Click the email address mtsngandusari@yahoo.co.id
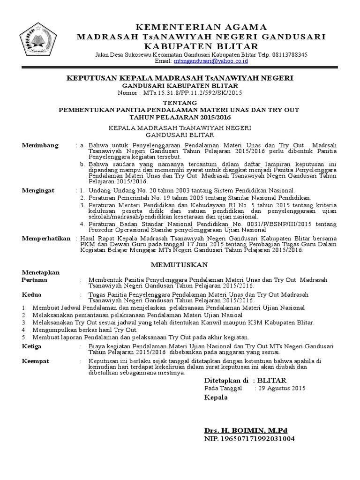(204, 61)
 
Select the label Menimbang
(40, 145)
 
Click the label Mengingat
(38, 190)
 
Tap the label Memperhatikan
(45, 239)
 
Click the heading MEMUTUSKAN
(180, 265)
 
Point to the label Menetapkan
(41, 272)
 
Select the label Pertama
(35, 279)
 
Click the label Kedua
(32, 294)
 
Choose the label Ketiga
(32, 346)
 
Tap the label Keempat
(36, 361)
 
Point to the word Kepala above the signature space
(216, 397)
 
